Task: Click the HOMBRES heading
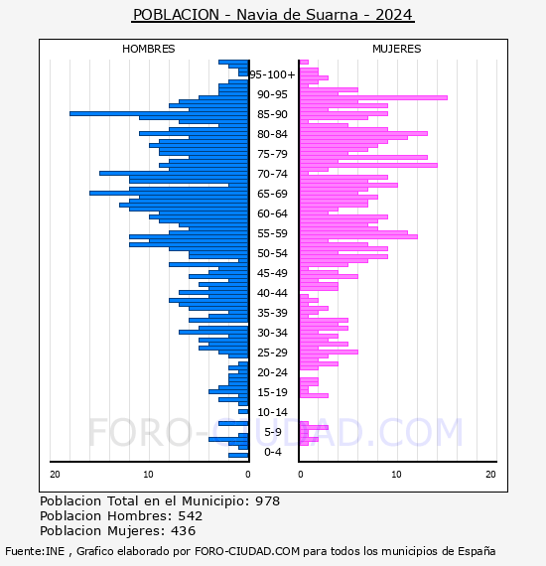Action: tap(148, 49)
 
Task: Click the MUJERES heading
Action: tap(397, 49)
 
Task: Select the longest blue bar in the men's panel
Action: tap(159, 114)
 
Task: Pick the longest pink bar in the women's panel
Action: tap(373, 98)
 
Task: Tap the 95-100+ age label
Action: tap(272, 74)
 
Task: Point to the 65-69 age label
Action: tap(272, 194)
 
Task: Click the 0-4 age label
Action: tap(272, 452)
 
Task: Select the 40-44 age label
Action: tap(272, 293)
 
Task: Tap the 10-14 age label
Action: tap(272, 412)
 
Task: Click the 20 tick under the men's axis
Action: tap(55, 475)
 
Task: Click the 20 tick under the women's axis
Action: tap(490, 475)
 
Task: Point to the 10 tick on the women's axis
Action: tap(396, 475)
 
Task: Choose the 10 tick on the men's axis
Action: tap(148, 475)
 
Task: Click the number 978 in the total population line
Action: tap(267, 501)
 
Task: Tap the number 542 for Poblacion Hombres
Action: tap(191, 515)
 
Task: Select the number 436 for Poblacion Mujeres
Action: tap(183, 530)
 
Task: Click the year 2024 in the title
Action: tap(394, 15)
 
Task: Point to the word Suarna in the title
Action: tap(332, 15)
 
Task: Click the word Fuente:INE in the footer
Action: tap(35, 551)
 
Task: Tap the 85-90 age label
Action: tap(272, 114)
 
